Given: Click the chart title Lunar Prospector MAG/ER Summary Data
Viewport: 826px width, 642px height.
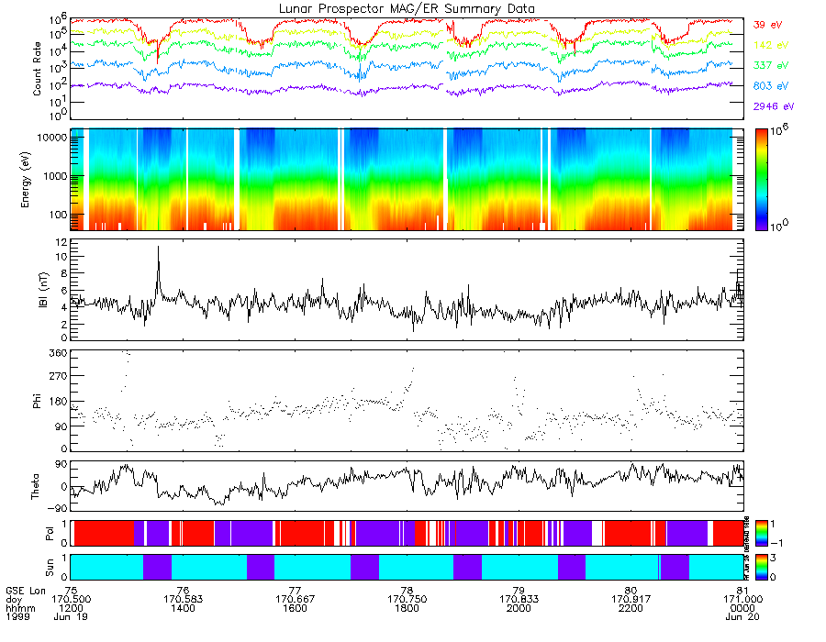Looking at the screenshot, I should point(407,8).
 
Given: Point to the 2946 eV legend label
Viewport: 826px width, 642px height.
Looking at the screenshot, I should point(769,107).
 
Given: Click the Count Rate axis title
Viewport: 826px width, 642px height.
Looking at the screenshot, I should point(38,70).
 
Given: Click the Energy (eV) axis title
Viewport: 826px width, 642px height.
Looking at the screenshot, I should point(38,180).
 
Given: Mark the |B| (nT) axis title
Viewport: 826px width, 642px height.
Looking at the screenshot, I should point(42,290).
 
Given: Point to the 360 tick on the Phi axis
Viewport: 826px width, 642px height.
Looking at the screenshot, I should point(56,353).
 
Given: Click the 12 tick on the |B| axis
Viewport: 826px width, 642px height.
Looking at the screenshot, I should point(61,241).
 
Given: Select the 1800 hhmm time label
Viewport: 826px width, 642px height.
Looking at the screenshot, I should point(407,608).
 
